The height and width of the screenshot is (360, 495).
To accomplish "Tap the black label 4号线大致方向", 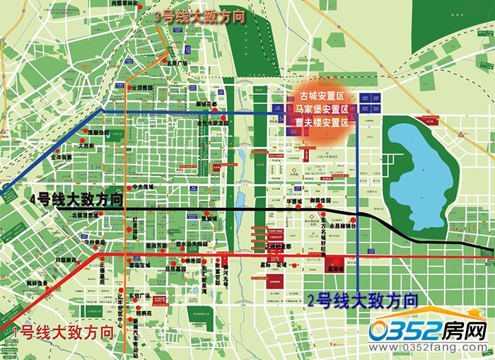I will [x=76, y=199].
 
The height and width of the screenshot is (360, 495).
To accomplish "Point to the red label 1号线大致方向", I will [x=63, y=330].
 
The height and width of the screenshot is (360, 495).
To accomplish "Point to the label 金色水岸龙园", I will [x=213, y=123].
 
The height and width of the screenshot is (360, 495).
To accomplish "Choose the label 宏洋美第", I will [x=62, y=158].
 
